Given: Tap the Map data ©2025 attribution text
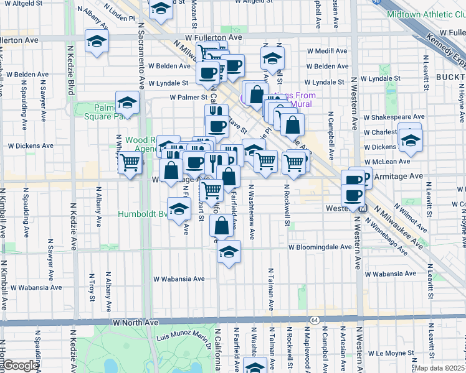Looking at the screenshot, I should [440, 368].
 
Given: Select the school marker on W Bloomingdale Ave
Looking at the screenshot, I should [229, 252].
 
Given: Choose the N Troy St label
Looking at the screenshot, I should [91, 287].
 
